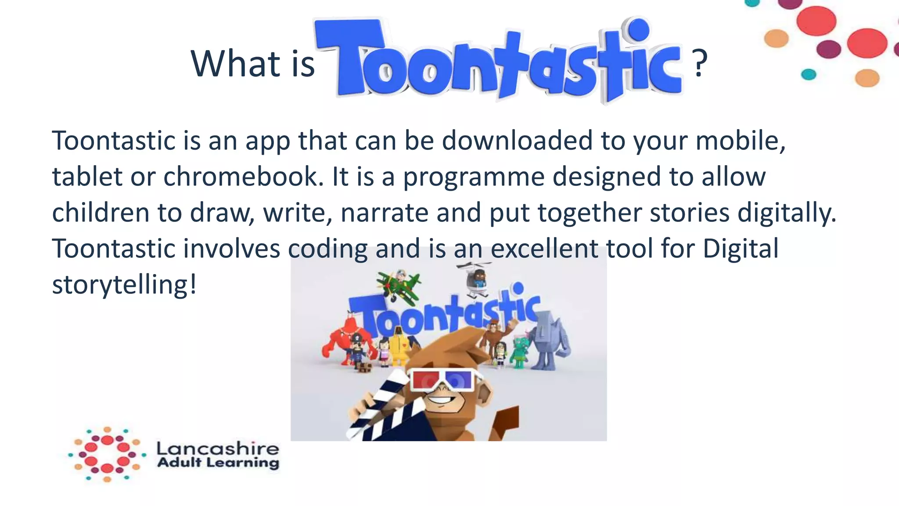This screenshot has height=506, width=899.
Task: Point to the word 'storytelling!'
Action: [124, 285]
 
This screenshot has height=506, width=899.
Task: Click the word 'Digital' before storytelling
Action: [741, 249]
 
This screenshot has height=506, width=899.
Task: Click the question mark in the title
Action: [700, 63]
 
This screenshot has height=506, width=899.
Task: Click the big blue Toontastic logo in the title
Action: [498, 59]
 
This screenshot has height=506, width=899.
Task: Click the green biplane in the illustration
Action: [398, 285]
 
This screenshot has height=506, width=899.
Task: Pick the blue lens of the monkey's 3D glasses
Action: [459, 379]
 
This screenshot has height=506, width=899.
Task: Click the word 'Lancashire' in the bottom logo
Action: [218, 448]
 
